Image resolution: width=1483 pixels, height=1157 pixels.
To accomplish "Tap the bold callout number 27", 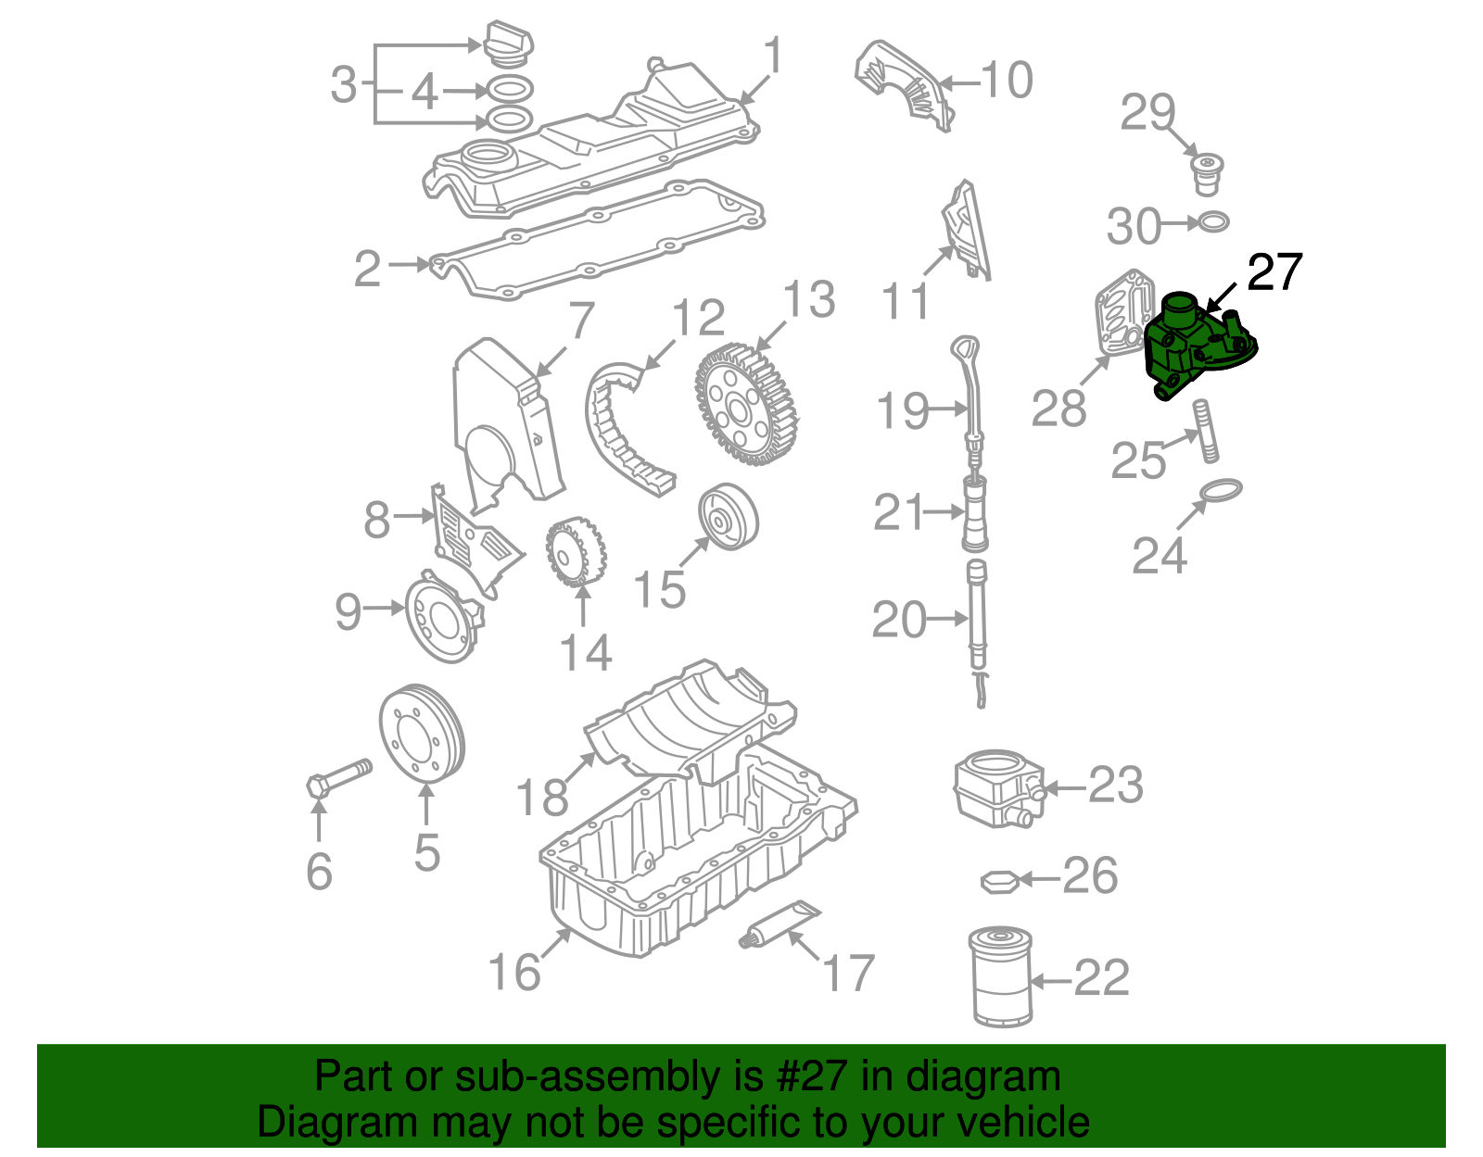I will point(1274,272).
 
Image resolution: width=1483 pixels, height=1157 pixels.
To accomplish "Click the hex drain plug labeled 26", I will point(999,881).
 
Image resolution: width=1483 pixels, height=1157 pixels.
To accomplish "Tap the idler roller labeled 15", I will point(728,517).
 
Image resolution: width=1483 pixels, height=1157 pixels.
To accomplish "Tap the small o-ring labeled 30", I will point(1214,222).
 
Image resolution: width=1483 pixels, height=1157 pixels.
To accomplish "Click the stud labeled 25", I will point(1204,430).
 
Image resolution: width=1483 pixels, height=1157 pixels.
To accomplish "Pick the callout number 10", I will point(1006,81).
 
